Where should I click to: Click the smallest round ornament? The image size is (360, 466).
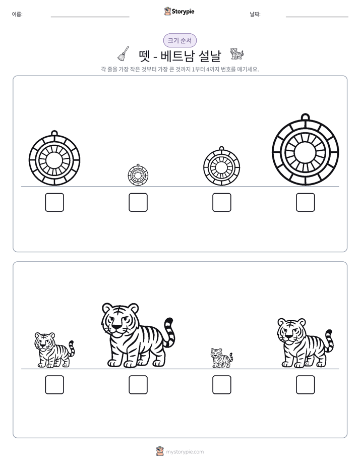(138, 175)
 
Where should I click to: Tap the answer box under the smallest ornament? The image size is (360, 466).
(138, 202)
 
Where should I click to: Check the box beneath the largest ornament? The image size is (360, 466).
(306, 202)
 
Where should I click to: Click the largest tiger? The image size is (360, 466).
(138, 335)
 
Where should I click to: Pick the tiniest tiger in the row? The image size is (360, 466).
(221, 358)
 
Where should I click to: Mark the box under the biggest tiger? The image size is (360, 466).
(138, 385)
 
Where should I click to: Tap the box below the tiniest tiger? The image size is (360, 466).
(221, 385)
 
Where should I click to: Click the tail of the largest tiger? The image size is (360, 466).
(169, 333)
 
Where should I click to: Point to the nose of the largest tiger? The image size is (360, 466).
(117, 327)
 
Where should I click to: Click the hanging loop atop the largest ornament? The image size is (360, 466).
(306, 116)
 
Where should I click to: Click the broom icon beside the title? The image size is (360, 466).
(123, 54)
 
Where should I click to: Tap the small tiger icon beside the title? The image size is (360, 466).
(237, 54)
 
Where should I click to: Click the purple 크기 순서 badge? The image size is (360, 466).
(180, 40)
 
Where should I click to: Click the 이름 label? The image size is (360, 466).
(17, 14)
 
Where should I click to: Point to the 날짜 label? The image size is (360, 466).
(255, 14)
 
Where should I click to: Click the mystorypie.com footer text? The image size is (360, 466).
(185, 452)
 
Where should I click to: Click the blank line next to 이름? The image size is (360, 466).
(90, 17)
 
